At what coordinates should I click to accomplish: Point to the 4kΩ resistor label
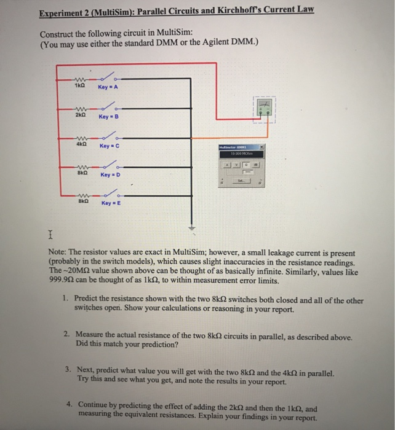point(81,146)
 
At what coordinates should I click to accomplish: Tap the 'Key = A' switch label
point(108,87)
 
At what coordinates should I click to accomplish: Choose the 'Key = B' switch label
point(108,116)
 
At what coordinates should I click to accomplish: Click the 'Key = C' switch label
point(109,146)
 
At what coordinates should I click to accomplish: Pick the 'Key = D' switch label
point(109,175)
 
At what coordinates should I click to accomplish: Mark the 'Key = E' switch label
point(109,201)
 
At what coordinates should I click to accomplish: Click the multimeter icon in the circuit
point(263,110)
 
